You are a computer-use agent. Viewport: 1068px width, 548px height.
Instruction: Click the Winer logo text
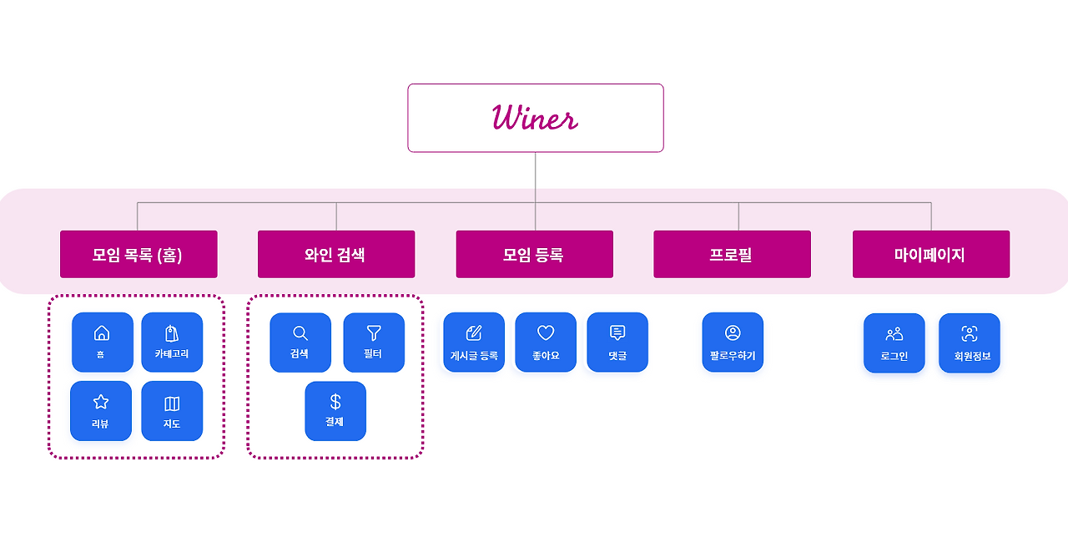[x=535, y=117]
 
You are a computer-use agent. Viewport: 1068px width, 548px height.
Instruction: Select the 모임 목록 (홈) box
[x=139, y=254]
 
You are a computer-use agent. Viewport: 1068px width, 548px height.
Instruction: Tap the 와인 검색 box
[x=336, y=254]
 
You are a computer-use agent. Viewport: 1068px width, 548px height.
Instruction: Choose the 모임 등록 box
[x=535, y=254]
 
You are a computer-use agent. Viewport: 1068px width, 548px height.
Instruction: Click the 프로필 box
[x=732, y=254]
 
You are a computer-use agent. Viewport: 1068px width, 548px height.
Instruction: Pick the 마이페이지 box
[x=931, y=254]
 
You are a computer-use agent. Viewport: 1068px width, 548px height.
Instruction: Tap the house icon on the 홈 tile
[x=102, y=332]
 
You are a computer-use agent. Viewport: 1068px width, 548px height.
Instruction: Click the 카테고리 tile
[x=172, y=342]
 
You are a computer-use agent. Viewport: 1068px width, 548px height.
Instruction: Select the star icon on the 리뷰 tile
[x=101, y=402]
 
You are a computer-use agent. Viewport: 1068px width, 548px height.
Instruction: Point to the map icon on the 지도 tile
[x=172, y=403]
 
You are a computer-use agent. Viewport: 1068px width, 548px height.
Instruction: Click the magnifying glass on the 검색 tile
[x=300, y=333]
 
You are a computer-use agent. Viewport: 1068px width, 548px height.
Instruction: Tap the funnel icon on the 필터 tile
[x=374, y=332]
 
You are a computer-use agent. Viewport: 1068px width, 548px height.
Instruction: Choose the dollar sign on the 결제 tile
[x=335, y=402]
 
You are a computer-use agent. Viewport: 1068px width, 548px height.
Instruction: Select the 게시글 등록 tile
[x=474, y=342]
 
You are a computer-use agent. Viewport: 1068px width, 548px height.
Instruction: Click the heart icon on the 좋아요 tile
[x=546, y=332]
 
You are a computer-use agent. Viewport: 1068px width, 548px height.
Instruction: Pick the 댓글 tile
[x=617, y=342]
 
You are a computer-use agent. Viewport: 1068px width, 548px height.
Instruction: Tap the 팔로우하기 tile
[x=733, y=342]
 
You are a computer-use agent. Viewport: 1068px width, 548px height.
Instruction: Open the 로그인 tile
[x=894, y=342]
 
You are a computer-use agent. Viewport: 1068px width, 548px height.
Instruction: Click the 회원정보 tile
[x=970, y=342]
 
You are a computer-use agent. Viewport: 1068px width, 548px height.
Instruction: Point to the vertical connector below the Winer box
[x=535, y=191]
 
